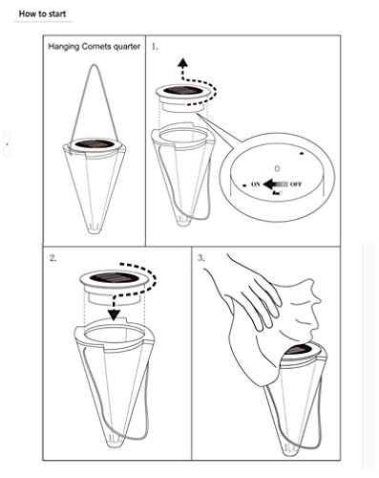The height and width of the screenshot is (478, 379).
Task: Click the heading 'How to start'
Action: point(42,14)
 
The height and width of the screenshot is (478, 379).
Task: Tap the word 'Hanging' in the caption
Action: point(64,47)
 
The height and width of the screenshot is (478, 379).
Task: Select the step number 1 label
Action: point(155,47)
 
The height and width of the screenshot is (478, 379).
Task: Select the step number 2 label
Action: point(53,257)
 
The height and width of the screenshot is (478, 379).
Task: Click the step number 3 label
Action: point(201,257)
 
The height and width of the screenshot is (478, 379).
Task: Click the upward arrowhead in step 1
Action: point(182,62)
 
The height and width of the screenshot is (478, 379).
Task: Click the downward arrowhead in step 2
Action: point(114,315)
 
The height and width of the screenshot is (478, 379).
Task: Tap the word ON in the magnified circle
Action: point(256,184)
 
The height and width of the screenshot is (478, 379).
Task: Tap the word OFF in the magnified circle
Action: point(296,184)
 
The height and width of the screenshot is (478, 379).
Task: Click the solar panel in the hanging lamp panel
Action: point(95,143)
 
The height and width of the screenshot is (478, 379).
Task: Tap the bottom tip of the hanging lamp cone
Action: point(95,232)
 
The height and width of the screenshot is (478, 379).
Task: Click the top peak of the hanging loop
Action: point(95,65)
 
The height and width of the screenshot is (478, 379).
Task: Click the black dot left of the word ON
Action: point(244,185)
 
